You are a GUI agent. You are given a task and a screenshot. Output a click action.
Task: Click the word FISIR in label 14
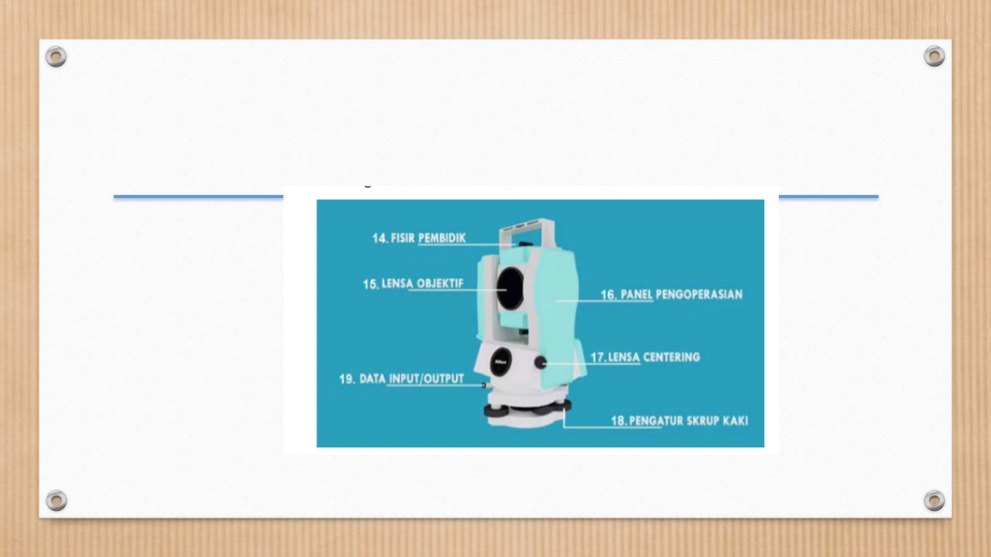(403, 238)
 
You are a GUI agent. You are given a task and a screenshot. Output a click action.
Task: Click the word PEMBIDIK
(442, 238)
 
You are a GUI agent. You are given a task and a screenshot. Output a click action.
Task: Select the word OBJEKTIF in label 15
(440, 284)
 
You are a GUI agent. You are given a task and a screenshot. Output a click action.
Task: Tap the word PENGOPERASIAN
(699, 295)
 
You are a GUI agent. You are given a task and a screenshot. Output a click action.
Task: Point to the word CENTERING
(672, 357)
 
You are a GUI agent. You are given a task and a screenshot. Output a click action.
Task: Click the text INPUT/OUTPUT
(425, 379)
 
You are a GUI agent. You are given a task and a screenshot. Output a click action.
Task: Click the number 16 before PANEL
(609, 295)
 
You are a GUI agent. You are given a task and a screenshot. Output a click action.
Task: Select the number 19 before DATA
(347, 379)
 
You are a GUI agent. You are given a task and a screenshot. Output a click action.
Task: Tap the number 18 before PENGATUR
(619, 421)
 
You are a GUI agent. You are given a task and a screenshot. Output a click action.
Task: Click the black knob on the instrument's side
(541, 362)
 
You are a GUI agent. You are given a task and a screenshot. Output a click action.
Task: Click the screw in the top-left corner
(56, 56)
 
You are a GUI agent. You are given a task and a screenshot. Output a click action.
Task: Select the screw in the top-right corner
(934, 56)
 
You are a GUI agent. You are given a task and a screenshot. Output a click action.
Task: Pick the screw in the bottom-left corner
(56, 501)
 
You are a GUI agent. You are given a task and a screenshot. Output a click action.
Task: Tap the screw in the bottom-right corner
(934, 501)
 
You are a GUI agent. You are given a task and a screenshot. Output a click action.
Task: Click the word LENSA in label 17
(625, 357)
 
